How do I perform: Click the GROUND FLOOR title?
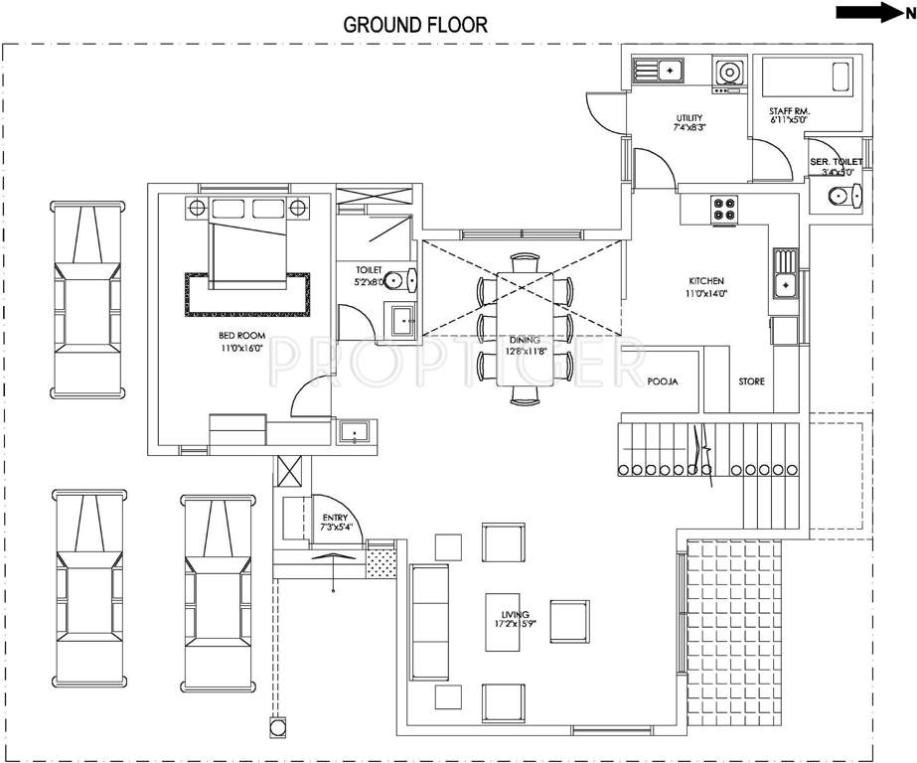[x=415, y=25]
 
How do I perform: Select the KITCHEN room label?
[x=703, y=281]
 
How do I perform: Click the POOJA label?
[x=662, y=381]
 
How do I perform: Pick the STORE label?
[x=751, y=381]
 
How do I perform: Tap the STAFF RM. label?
[x=789, y=112]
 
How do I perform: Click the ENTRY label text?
[x=333, y=518]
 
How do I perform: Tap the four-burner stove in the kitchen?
[x=723, y=209]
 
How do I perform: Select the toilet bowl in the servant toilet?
[x=841, y=196]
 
